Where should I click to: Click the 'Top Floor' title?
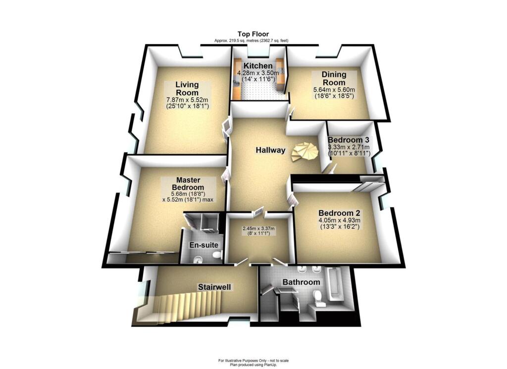pyautogui.click(x=253, y=34)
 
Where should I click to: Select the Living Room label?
pyautogui.click(x=187, y=89)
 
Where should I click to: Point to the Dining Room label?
pyautogui.click(x=334, y=78)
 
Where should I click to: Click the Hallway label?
pyautogui.click(x=271, y=150)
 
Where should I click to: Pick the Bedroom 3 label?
pyautogui.click(x=349, y=140)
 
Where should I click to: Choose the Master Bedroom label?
pyautogui.click(x=188, y=184)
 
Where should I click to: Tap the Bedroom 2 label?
pyautogui.click(x=339, y=213)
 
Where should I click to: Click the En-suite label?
pyautogui.click(x=203, y=245)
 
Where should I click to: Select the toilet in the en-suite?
pyautogui.click(x=216, y=255)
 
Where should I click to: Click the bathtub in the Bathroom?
pyautogui.click(x=335, y=285)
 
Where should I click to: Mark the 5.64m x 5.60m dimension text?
pyautogui.click(x=334, y=90)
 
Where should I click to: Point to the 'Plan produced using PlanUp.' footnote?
pyautogui.click(x=253, y=365)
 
